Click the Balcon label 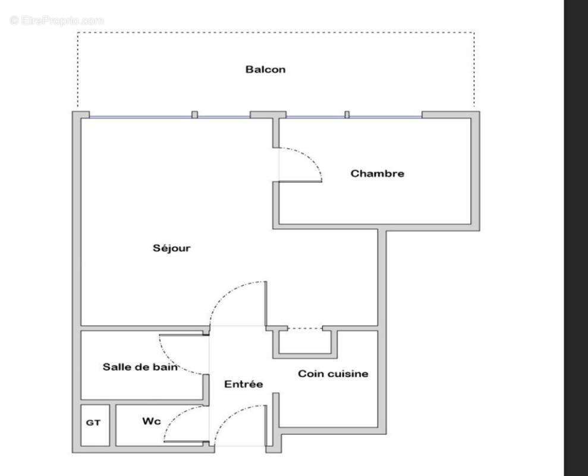[x=265, y=70]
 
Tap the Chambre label [x=377, y=174]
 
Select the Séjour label [x=172, y=248]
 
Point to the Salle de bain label [x=140, y=367]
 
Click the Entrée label [x=243, y=384]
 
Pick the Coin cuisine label [x=333, y=374]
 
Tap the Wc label [x=151, y=421]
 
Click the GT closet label [x=93, y=423]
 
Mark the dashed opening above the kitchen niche [x=305, y=328]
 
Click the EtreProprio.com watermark [x=57, y=20]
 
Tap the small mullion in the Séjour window [x=194, y=114]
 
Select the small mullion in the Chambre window [x=347, y=114]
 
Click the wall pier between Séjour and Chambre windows [x=268, y=114]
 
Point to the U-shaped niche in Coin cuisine [x=305, y=344]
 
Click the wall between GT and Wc [x=113, y=424]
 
